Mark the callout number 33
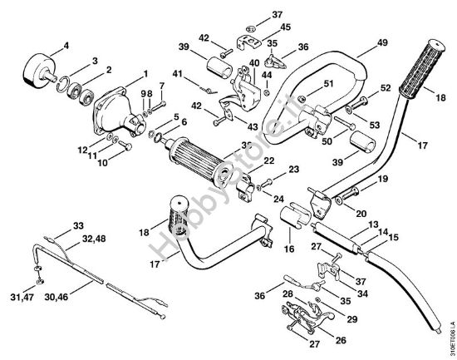[78, 226]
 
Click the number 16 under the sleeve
[290, 248]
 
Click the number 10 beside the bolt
[103, 163]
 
